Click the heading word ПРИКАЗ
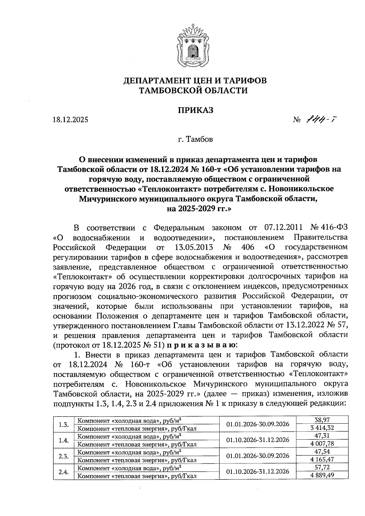[x=195, y=110]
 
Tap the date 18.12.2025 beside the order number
[x=70, y=120]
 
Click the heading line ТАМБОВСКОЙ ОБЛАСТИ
[x=193, y=90]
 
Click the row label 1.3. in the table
[x=64, y=424]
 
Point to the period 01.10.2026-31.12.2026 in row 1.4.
[x=258, y=440]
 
